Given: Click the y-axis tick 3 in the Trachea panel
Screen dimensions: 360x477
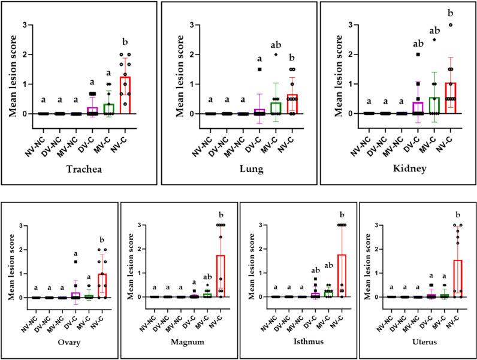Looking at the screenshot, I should pos(25,25).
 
